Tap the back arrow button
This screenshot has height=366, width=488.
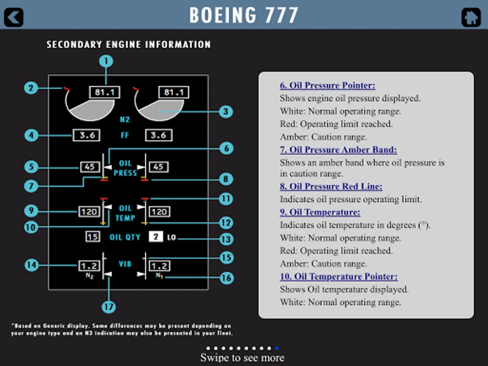pyautogui.click(x=13, y=17)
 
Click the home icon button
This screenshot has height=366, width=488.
pyautogui.click(x=471, y=17)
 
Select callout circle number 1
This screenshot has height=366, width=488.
pyautogui.click(x=106, y=61)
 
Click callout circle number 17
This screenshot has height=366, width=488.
pyautogui.click(x=109, y=307)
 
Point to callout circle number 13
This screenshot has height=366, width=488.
pyautogui.click(x=227, y=239)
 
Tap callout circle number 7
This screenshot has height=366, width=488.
pyautogui.click(x=31, y=186)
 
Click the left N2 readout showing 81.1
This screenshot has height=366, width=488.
pyautogui.click(x=105, y=92)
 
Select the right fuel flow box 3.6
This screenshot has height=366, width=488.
pyautogui.click(x=159, y=135)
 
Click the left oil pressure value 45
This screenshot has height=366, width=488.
pyautogui.click(x=90, y=167)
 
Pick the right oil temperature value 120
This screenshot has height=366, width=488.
pyautogui.click(x=159, y=211)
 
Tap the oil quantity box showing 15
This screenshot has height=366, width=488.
pyautogui.click(x=93, y=237)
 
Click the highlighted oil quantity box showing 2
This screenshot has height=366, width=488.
pyautogui.click(x=156, y=237)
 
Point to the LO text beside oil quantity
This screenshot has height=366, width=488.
pyautogui.click(x=172, y=237)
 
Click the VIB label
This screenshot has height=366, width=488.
pyautogui.click(x=125, y=264)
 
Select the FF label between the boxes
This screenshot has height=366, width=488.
pyautogui.click(x=125, y=135)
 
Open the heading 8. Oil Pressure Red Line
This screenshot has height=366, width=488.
pyautogui.click(x=331, y=186)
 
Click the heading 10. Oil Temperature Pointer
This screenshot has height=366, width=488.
pyautogui.click(x=339, y=277)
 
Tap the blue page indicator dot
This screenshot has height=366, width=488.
pyautogui.click(x=277, y=348)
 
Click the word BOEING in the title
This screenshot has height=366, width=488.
pyautogui.click(x=223, y=15)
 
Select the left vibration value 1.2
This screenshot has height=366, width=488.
pyautogui.click(x=89, y=266)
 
